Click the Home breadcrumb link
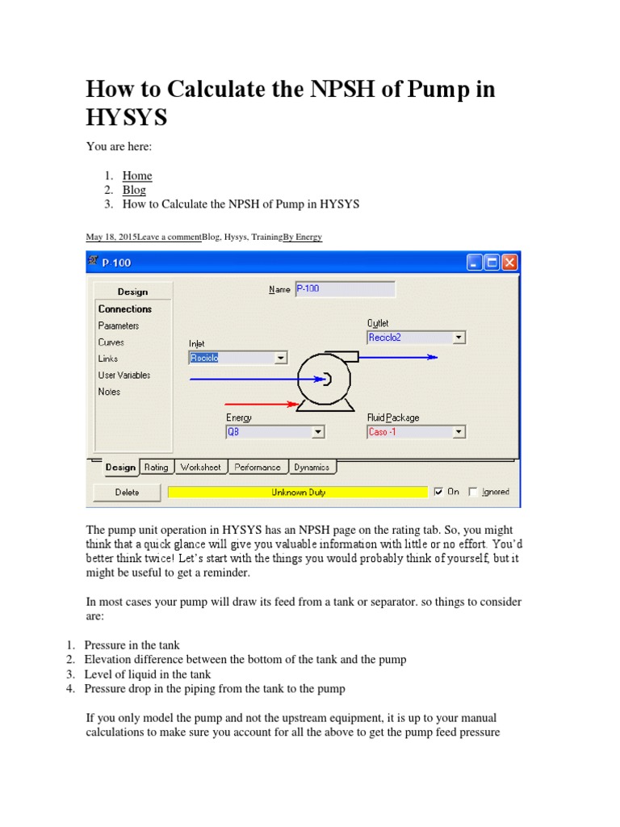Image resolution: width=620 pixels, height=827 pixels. pos(136,175)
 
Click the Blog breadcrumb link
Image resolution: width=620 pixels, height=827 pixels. pos(134,190)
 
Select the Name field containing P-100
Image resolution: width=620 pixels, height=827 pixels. pos(345,288)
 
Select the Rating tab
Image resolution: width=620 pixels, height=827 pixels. pos(156,467)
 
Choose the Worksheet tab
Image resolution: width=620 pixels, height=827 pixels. pos(200,467)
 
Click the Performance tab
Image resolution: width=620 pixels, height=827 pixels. pos(258,467)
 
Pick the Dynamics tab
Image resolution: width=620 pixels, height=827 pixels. pos(311,467)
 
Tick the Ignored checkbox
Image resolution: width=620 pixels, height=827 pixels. pos(473,492)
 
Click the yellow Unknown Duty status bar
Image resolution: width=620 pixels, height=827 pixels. pos(298,492)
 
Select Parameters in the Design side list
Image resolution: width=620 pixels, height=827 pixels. pos(119,325)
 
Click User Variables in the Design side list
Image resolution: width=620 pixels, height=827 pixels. pos(124,375)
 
